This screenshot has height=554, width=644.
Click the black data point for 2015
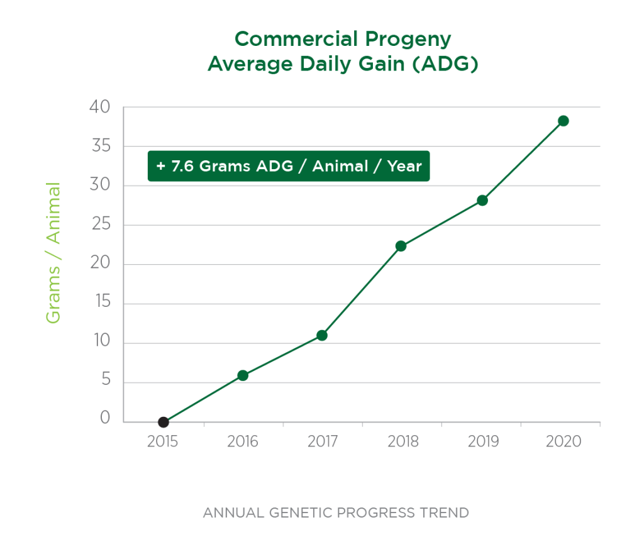coord(164,422)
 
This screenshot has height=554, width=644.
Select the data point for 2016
coord(243,375)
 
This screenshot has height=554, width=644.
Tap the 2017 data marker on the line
coord(322,335)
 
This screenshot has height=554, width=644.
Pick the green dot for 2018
coord(401,246)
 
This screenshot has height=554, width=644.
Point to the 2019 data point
coord(482,201)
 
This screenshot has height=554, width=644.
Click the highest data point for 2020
coord(563,121)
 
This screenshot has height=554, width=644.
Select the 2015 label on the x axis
coord(164,441)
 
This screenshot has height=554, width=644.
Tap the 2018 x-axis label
coord(403,441)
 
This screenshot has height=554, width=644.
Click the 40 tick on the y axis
coord(100,108)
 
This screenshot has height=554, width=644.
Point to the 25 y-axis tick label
coord(100,224)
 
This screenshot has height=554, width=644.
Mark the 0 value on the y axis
coord(105,419)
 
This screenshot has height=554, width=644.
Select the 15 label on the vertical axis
coord(100,302)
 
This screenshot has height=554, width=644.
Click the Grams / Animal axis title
coord(53,253)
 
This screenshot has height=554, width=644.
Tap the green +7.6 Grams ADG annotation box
coord(289,166)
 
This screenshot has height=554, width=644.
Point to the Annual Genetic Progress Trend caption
coord(336,512)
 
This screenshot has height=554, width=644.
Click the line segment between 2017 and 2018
coord(362,290)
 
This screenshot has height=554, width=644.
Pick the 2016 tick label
coord(243,441)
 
